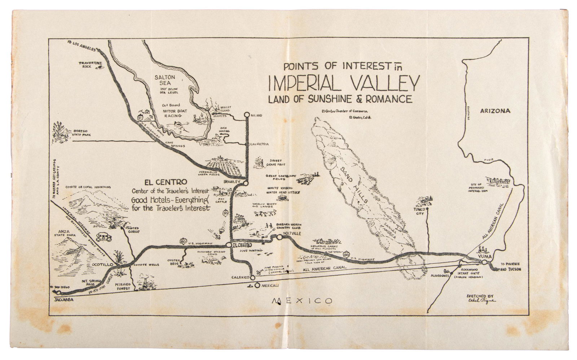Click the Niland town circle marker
(x=247, y=115)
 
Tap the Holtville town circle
(x=279, y=237)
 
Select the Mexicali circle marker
(x=257, y=286)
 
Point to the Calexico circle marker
(x=252, y=277)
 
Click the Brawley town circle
(x=246, y=183)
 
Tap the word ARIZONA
(x=495, y=111)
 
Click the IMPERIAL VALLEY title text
(x=344, y=83)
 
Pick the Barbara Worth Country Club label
(x=288, y=226)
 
